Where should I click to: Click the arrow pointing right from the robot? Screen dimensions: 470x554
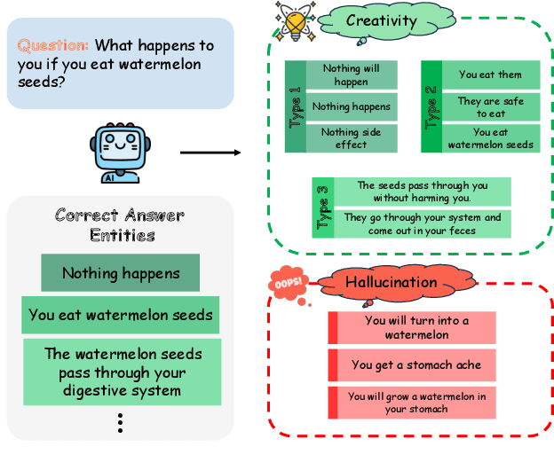click(210, 153)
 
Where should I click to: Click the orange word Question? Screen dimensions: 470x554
click(54, 45)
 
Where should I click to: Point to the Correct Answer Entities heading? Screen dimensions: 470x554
click(118, 225)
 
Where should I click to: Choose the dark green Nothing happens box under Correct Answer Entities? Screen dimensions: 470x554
click(120, 273)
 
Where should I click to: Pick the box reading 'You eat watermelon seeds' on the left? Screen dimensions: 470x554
click(121, 314)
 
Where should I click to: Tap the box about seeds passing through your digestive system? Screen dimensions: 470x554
click(123, 372)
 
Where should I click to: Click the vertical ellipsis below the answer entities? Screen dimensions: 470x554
click(120, 424)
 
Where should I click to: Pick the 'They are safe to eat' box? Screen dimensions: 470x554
click(490, 107)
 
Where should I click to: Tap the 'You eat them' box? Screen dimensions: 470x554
click(490, 74)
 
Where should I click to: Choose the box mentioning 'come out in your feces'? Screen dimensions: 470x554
click(422, 223)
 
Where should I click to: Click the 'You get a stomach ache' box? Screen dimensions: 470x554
click(416, 364)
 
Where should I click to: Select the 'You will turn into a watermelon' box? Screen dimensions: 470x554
click(416, 328)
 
